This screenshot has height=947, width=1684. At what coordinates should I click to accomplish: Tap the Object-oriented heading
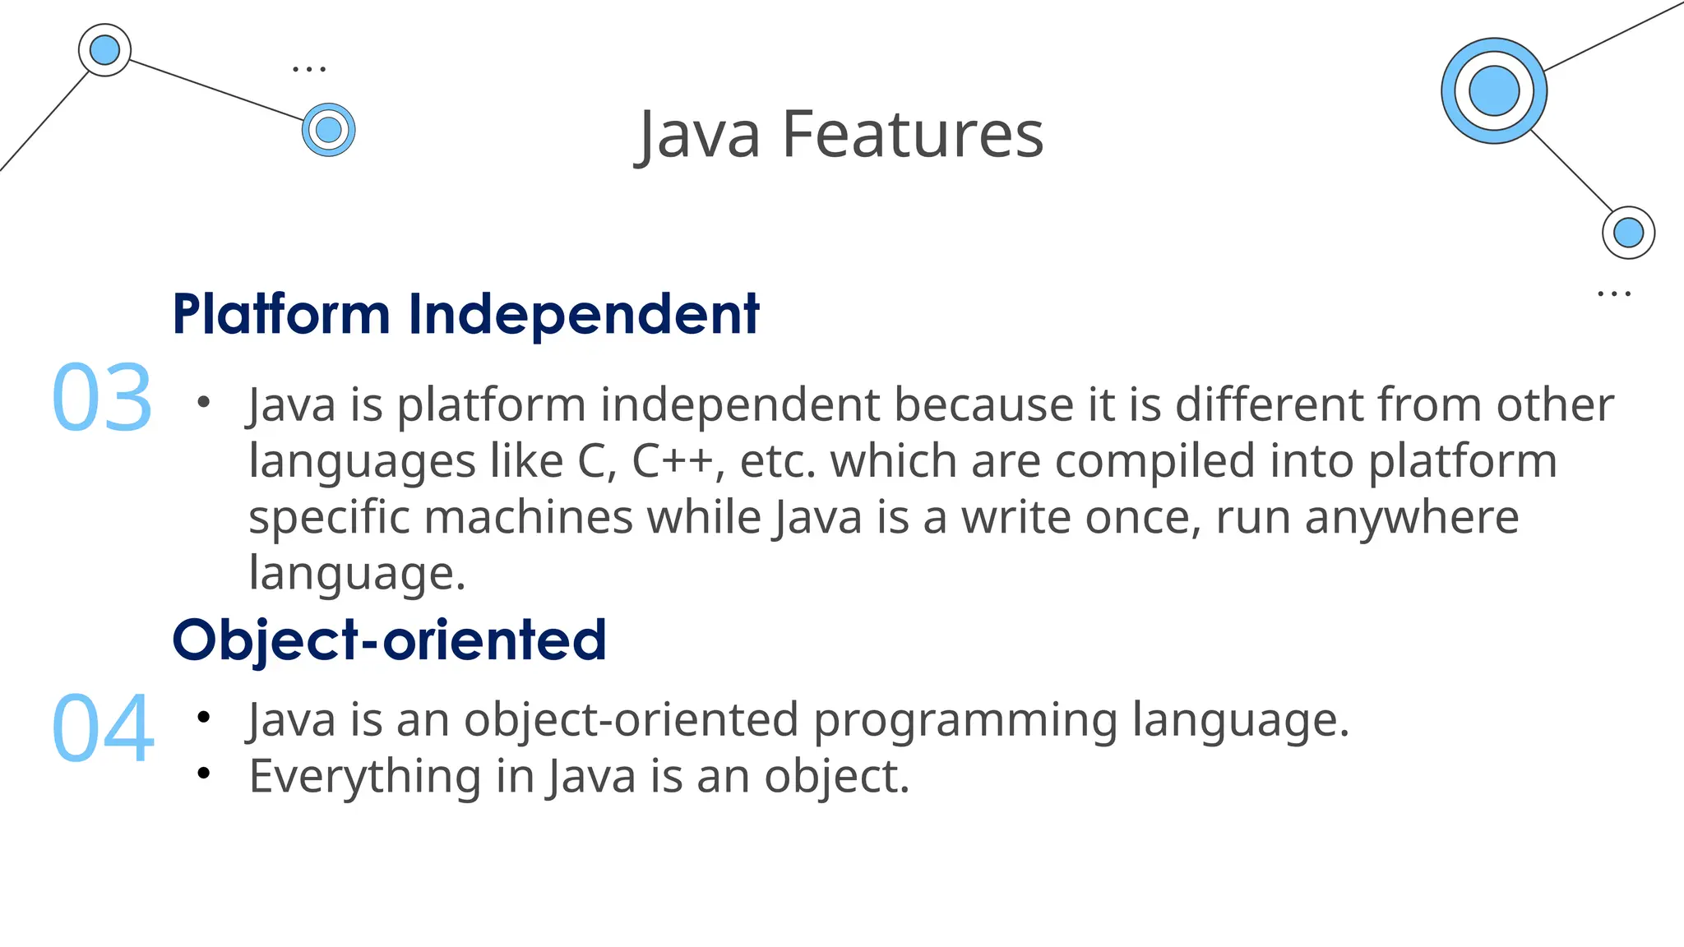389,640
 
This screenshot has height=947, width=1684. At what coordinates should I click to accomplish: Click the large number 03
102,399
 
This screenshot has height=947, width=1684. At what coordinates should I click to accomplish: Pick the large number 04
103,728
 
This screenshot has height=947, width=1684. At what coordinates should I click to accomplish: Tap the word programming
965,720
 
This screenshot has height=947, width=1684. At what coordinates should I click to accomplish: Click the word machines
528,518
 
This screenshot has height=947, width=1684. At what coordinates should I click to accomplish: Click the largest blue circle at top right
1493,90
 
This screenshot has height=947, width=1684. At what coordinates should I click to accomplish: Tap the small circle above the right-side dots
1628,233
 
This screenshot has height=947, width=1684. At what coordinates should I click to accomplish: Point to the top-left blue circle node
104,50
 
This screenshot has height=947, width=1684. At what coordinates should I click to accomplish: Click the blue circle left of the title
328,130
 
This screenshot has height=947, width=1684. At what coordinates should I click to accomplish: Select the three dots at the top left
309,69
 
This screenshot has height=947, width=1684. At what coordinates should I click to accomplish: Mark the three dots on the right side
1613,293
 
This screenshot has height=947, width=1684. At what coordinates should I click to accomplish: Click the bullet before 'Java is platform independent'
204,403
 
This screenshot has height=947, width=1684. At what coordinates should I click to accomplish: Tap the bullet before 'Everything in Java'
204,774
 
